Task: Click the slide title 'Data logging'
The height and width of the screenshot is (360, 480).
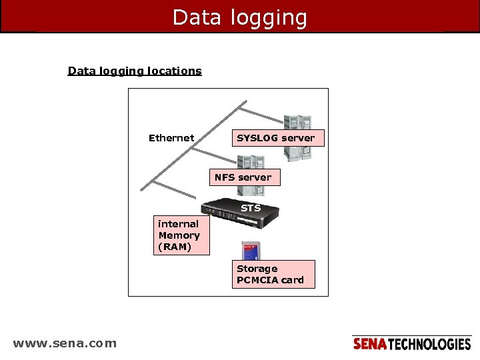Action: pos(240,17)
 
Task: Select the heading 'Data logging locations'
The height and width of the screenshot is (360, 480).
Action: pos(135,71)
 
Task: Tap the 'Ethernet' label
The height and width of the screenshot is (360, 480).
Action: pos(171,138)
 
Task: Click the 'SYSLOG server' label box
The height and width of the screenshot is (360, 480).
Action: pos(275,138)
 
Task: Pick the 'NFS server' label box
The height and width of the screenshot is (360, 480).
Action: pos(243,177)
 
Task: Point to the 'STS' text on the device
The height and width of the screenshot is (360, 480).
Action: pos(251,208)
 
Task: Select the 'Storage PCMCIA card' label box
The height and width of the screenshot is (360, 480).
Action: pos(274,274)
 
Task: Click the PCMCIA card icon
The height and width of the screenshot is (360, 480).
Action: pos(249,252)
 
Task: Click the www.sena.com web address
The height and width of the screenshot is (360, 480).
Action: pos(65,344)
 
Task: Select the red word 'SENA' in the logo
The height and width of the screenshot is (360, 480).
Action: pos(369,344)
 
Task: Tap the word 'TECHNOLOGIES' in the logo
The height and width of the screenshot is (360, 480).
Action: pos(429,344)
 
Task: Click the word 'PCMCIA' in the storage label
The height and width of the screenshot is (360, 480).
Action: pos(257,280)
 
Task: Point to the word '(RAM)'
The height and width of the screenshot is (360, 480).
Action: pos(175,247)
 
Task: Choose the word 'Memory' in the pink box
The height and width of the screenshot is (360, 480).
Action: pos(179,235)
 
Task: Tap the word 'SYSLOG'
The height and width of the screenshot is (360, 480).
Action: pos(257,138)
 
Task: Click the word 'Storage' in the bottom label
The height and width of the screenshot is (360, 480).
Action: pos(257,269)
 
